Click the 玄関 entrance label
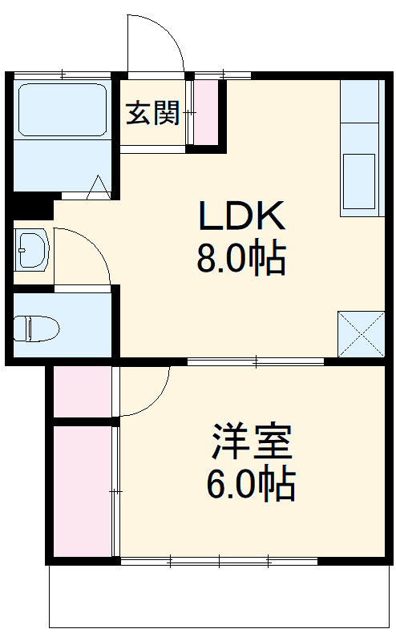point(152,115)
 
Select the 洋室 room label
point(252,440)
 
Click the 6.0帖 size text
point(252,483)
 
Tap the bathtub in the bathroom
point(62,110)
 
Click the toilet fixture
point(37,328)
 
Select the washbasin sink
point(31,251)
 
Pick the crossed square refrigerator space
point(360,333)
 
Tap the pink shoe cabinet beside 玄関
point(207,112)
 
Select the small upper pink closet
point(82,391)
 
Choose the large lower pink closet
point(82,491)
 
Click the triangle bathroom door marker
point(99,187)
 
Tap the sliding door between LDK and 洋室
point(255,362)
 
